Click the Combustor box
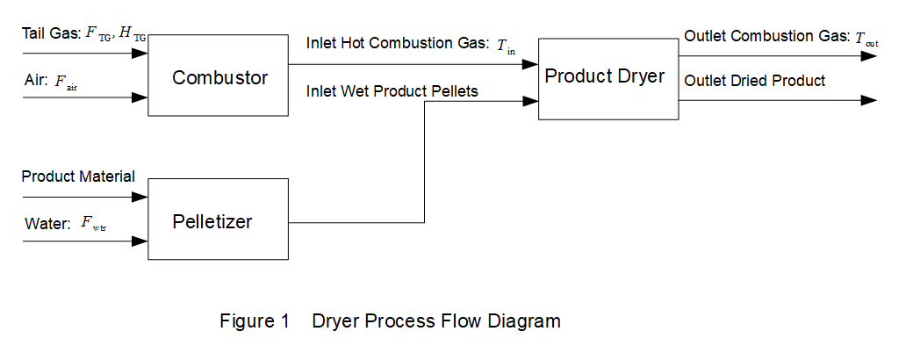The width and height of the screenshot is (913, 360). click(219, 76)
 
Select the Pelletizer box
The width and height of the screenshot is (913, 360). click(219, 220)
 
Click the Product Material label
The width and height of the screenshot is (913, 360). click(78, 176)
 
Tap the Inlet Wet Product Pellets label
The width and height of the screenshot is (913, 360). click(392, 90)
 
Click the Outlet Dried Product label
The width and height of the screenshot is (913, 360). click(754, 81)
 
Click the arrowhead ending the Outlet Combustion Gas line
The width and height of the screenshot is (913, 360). click(869, 55)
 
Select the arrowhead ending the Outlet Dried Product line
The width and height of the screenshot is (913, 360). click(869, 100)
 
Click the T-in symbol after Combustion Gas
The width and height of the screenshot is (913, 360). click(507, 47)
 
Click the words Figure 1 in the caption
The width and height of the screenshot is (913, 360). click(255, 321)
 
